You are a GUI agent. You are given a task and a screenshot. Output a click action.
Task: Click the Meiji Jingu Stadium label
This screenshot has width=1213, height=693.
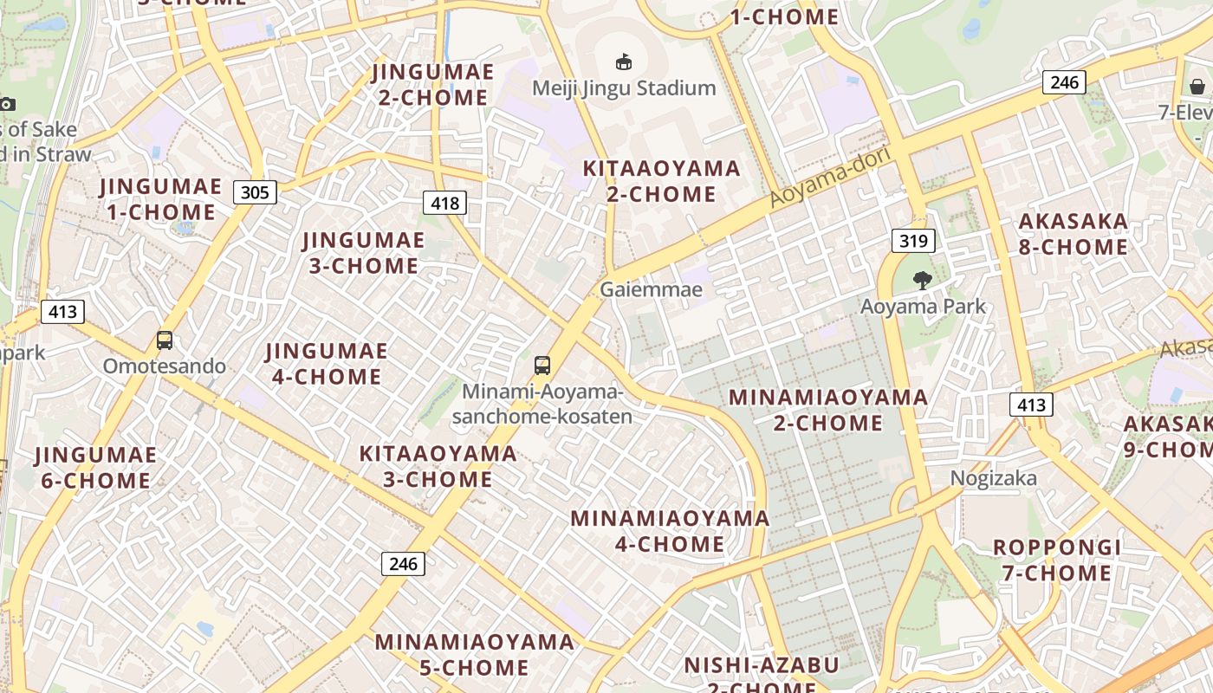(x=624, y=87)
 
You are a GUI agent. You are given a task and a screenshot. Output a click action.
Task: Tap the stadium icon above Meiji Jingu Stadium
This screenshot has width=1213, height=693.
(x=623, y=62)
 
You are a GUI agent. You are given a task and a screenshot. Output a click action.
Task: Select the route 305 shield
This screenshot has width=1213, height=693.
(x=255, y=191)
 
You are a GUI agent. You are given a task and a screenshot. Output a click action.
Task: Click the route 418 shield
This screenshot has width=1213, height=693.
(x=444, y=203)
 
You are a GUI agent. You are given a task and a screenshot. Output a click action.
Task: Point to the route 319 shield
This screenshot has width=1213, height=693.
(x=913, y=240)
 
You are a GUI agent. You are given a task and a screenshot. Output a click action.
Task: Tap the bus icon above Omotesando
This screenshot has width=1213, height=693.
(x=165, y=340)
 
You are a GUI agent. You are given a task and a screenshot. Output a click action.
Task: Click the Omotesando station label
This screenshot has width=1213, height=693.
(x=165, y=366)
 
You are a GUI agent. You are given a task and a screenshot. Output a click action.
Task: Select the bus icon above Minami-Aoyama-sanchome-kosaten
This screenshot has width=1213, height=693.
(x=542, y=366)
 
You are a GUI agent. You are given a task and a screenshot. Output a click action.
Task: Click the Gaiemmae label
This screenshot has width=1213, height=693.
(x=651, y=289)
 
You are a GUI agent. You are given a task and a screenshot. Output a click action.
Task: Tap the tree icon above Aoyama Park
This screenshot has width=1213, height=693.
(x=922, y=280)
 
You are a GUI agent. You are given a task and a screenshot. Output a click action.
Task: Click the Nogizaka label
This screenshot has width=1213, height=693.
(x=994, y=478)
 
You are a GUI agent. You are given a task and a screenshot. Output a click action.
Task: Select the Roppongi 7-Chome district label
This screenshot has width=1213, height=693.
(x=1057, y=560)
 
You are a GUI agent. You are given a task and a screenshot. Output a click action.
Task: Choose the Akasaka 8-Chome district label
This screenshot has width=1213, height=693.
(x=1074, y=234)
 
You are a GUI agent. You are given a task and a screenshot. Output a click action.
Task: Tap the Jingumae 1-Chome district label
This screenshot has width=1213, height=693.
(x=161, y=199)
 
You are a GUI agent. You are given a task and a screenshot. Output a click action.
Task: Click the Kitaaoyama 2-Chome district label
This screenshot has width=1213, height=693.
(x=661, y=181)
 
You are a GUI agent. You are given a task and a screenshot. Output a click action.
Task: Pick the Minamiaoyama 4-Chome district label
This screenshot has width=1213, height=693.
(x=670, y=531)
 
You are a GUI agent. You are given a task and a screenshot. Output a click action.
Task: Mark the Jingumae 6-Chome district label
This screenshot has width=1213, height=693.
(x=95, y=467)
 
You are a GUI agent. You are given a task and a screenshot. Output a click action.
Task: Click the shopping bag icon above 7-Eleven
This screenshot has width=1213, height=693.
(x=1197, y=87)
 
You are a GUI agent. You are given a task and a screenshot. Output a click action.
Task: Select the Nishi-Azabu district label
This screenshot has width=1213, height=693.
(x=761, y=672)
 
